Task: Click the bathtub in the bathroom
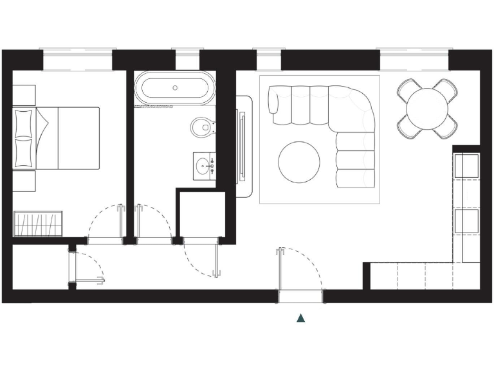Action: pos(175,89)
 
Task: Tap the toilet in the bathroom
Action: pos(203,127)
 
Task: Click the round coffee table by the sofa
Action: pos(299,161)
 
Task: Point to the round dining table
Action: pos(428,108)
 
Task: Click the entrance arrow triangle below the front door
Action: pos(300,317)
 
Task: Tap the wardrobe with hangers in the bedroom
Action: pos(38,223)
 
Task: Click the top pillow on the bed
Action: pos(24,122)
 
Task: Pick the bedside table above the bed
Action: pos(24,96)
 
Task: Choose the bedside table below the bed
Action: pos(24,181)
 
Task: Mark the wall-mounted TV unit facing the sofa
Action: pos(242,146)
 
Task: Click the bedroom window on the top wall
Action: pos(77,60)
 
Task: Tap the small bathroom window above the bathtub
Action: pos(187,60)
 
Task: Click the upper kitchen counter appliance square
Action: pos(466,165)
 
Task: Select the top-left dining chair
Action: pos(407,88)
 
